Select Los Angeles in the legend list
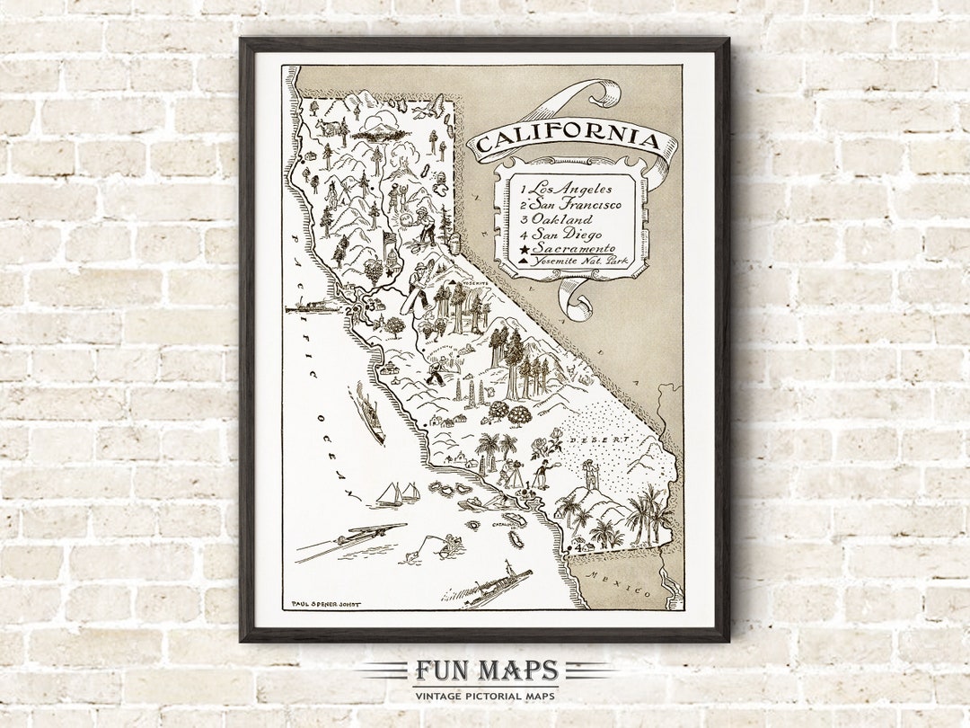click(569, 189)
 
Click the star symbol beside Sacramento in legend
click(523, 248)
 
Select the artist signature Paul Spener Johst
click(326, 604)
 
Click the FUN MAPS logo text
click(486, 671)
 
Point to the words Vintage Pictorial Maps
click(486, 696)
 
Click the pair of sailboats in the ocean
click(399, 494)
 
